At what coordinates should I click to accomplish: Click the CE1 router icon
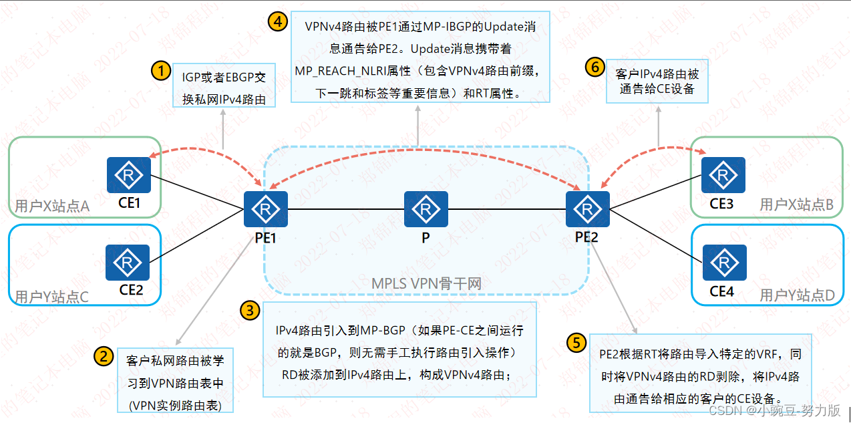[129, 175]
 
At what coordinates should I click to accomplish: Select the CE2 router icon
[128, 263]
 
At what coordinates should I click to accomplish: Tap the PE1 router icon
[265, 209]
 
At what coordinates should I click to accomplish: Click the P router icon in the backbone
[425, 209]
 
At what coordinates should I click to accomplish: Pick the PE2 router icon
[587, 209]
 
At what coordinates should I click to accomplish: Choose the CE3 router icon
[723, 175]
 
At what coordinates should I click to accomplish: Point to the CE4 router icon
[724, 263]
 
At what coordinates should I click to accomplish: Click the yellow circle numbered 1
[160, 70]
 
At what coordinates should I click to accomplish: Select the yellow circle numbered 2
[104, 356]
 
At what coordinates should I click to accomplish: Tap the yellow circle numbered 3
[249, 310]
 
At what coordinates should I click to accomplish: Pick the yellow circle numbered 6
[594, 66]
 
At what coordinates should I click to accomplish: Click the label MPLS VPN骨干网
[426, 284]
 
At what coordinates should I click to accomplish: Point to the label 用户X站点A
[52, 206]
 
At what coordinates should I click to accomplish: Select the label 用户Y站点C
[51, 297]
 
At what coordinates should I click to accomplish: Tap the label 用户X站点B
[796, 205]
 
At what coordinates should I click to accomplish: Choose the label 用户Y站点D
[797, 295]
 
